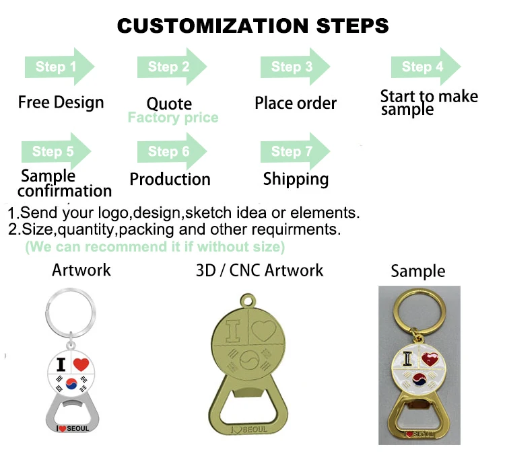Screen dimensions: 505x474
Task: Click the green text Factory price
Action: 173,118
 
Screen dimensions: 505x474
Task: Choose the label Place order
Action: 296,104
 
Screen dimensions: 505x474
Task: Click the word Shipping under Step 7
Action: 296,180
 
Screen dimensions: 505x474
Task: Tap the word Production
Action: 170,180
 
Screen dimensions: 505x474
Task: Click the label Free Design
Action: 61,103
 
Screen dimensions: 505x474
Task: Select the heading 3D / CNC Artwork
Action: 259,271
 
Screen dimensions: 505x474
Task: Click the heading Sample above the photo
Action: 418,272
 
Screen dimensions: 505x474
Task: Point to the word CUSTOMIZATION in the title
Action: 203,26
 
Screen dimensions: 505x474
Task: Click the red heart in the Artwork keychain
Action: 81,365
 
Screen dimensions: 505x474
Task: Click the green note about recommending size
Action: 155,247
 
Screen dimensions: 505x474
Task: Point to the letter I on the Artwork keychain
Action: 61,365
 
